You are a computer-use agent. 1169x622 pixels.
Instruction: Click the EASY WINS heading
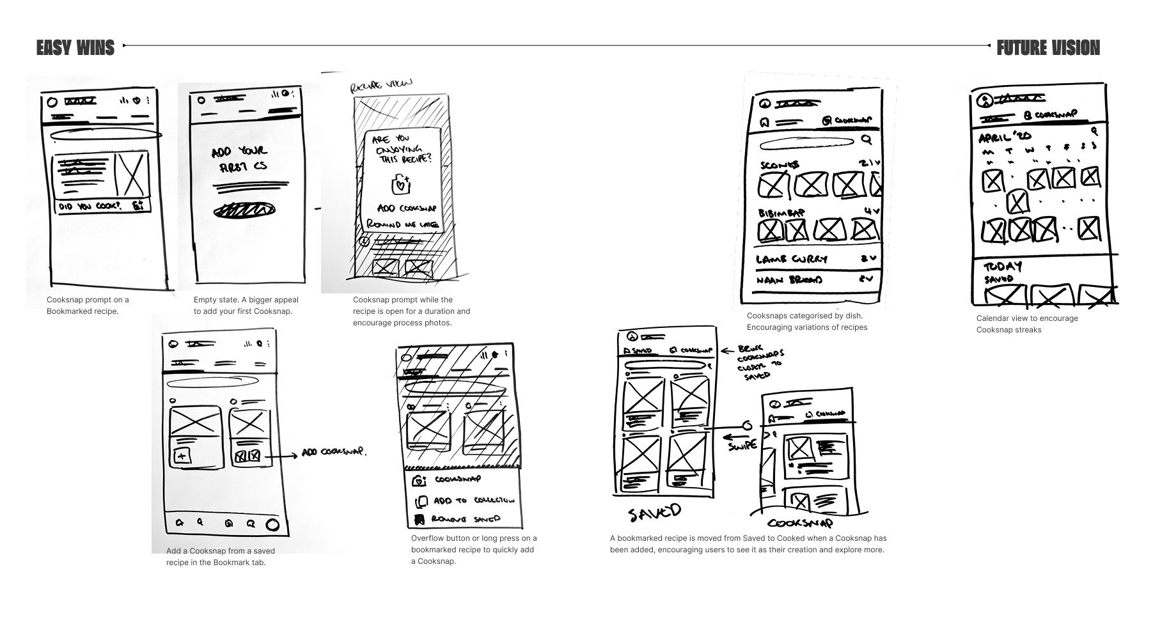click(x=75, y=48)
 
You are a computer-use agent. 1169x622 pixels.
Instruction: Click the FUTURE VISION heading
click(x=1048, y=48)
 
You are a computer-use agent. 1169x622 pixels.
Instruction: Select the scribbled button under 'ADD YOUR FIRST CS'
click(x=244, y=210)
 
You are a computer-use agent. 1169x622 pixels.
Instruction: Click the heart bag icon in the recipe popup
click(x=400, y=184)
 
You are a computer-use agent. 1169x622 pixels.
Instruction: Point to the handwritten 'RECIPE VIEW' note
click(x=381, y=85)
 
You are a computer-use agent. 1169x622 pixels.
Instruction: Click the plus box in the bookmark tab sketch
click(x=182, y=456)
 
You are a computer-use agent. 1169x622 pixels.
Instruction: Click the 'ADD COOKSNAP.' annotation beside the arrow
click(x=334, y=452)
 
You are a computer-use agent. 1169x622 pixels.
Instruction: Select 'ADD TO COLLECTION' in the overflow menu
click(x=473, y=501)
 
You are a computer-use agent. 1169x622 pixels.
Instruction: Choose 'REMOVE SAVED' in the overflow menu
click(x=466, y=519)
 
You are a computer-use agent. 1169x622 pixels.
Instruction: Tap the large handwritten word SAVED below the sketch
click(x=654, y=513)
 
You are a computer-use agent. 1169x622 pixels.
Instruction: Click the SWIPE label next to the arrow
click(x=742, y=446)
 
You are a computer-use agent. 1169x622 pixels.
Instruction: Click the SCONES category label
click(x=780, y=165)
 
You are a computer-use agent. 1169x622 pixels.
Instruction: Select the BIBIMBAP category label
click(x=781, y=213)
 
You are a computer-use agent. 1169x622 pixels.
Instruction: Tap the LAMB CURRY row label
click(x=792, y=260)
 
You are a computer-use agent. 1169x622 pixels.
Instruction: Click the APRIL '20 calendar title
click(x=1005, y=137)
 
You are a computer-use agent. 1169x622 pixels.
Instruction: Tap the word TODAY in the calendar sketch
click(x=1002, y=267)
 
